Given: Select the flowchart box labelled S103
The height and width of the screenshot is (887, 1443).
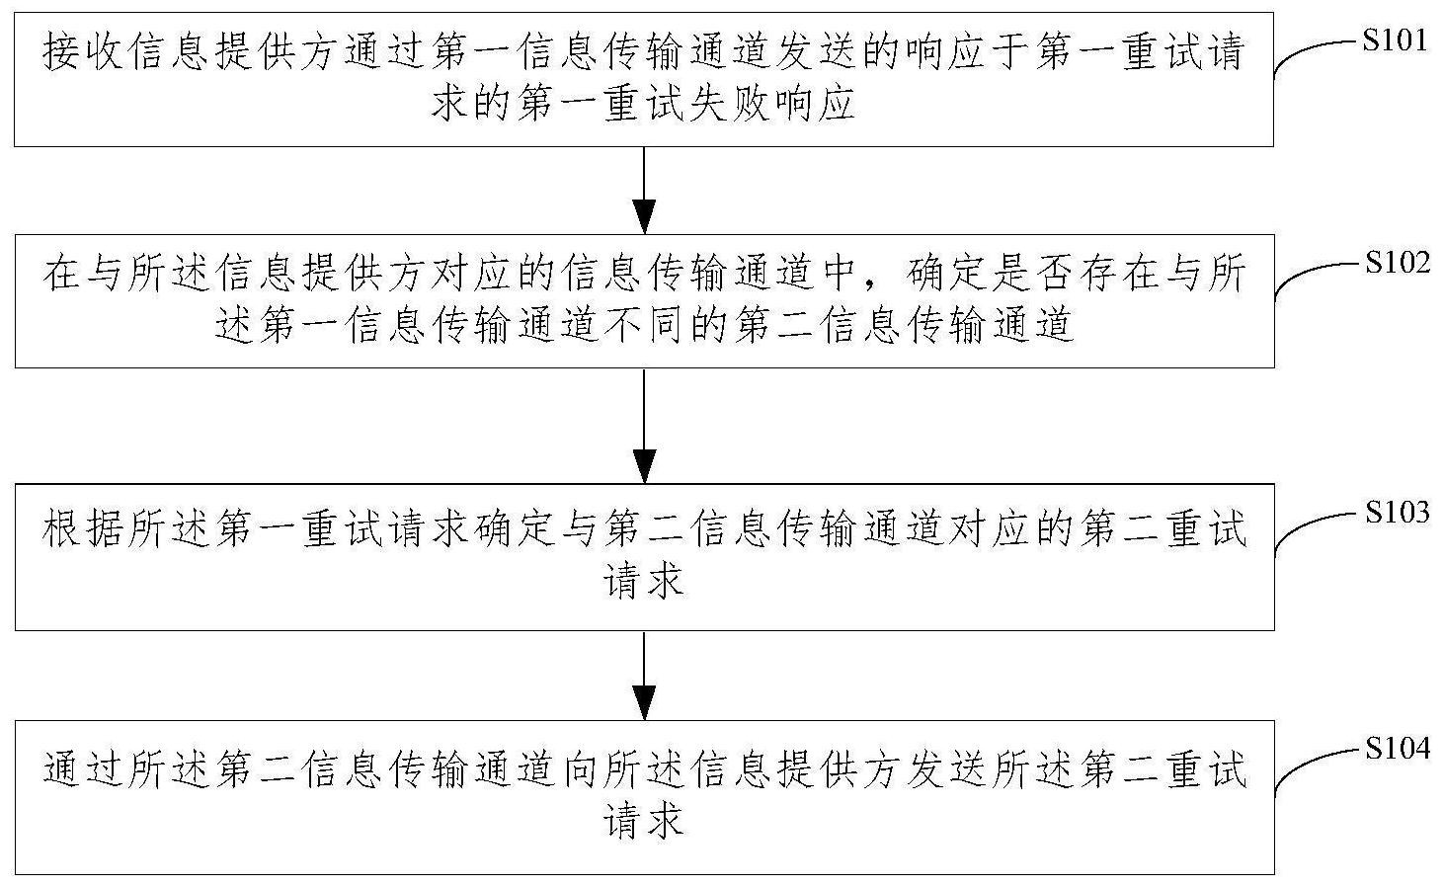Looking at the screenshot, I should coord(644,557).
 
